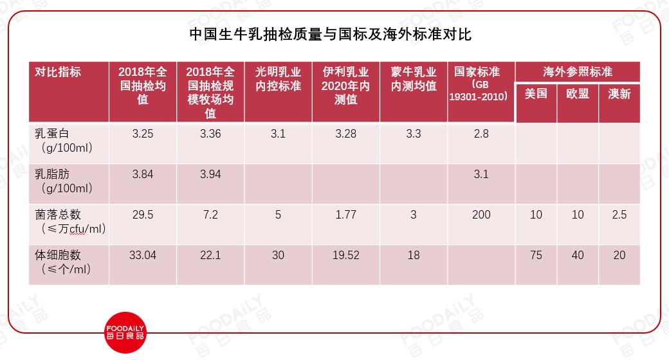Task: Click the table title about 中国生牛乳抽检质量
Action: tap(330, 35)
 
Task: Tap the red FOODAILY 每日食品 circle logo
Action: tap(125, 333)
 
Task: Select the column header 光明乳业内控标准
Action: tap(278, 79)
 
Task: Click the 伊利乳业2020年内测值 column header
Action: tap(345, 85)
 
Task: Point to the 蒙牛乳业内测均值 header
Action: tap(414, 79)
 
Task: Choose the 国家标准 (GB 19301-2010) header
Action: tap(479, 84)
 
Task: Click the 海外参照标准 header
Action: tap(578, 71)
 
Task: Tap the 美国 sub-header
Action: tap(536, 93)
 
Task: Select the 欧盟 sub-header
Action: tap(578, 93)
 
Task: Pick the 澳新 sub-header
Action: tap(619, 93)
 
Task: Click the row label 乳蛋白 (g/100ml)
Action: tap(64, 141)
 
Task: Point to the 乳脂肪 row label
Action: tap(64, 181)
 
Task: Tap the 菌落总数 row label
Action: tap(70, 222)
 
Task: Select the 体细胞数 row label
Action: tap(63, 262)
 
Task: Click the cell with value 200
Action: tap(481, 215)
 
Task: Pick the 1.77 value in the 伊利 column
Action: tap(345, 215)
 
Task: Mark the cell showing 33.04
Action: tap(143, 255)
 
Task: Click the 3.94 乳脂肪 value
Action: tap(210, 174)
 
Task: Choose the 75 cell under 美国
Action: tap(536, 255)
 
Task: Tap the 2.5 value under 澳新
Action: tap(619, 215)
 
